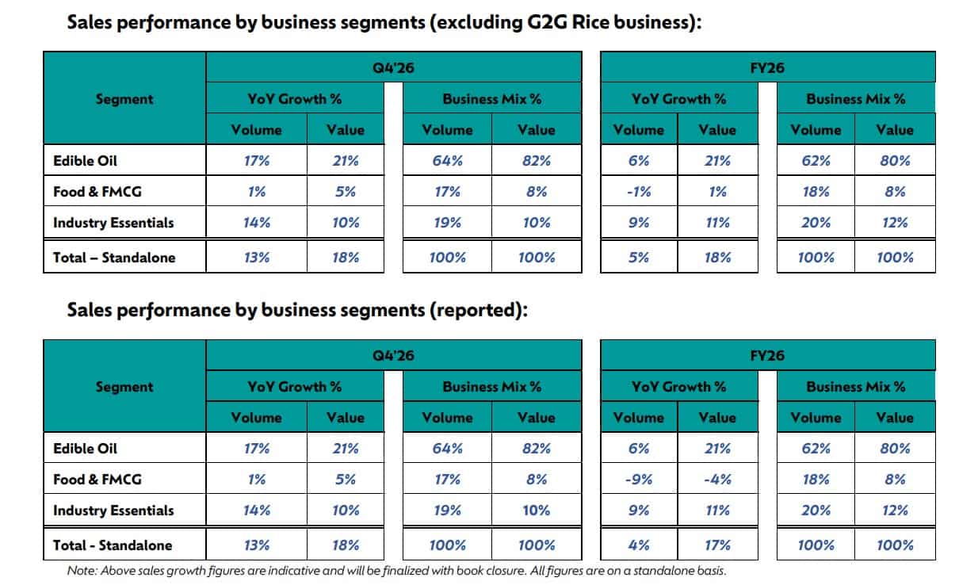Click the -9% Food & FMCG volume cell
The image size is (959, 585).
639,480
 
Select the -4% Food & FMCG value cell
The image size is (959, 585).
717,480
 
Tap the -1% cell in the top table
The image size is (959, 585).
639,192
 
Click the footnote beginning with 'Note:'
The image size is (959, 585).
396,570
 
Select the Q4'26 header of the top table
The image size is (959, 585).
393,68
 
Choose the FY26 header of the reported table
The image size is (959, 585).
767,356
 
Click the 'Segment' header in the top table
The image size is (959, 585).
124,99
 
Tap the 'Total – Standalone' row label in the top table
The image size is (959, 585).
114,258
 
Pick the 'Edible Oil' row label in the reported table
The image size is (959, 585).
85,449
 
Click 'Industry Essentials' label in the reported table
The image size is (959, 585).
113,510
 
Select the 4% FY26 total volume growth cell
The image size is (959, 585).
639,545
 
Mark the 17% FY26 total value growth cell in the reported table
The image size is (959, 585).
717,545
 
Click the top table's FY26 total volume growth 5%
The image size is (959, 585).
639,258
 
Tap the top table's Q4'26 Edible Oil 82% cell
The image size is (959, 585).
537,161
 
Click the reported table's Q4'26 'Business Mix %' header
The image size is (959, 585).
491,387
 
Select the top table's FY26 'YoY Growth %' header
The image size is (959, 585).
678,99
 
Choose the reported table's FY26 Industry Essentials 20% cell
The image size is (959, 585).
816,510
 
